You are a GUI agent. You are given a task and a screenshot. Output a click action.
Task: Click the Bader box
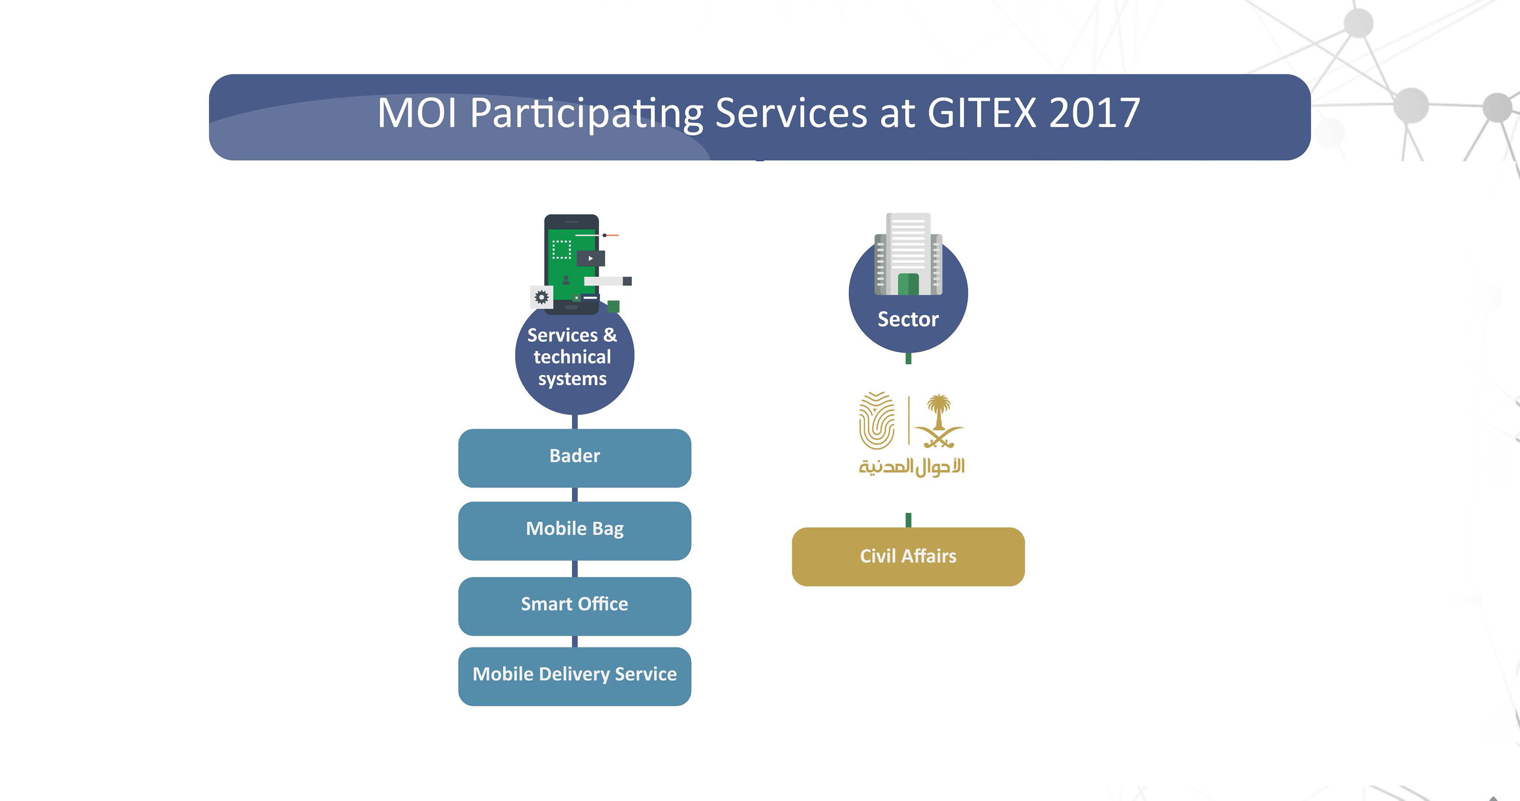(575, 458)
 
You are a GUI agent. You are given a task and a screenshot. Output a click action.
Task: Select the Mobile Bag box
(575, 531)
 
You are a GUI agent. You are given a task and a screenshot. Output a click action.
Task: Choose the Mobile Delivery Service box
(575, 676)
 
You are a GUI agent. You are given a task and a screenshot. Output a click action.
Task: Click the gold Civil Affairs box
(908, 556)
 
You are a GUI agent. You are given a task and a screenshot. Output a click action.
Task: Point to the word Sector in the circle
(908, 319)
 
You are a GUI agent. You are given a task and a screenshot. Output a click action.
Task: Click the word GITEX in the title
(981, 113)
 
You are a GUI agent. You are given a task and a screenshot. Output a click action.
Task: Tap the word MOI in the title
(417, 113)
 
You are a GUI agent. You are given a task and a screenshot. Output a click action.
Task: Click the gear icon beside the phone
(541, 297)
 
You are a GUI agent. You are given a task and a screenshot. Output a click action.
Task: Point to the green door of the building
(908, 284)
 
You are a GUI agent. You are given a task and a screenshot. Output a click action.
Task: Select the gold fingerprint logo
(877, 421)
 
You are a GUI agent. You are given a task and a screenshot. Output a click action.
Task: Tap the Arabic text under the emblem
(912, 467)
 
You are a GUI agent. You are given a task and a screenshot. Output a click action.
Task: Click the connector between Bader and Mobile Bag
(575, 495)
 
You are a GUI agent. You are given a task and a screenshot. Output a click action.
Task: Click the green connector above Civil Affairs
(908, 520)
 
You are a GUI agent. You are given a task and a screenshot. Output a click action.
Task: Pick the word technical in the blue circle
(572, 357)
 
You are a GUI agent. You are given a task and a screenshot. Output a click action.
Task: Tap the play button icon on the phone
(591, 258)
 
